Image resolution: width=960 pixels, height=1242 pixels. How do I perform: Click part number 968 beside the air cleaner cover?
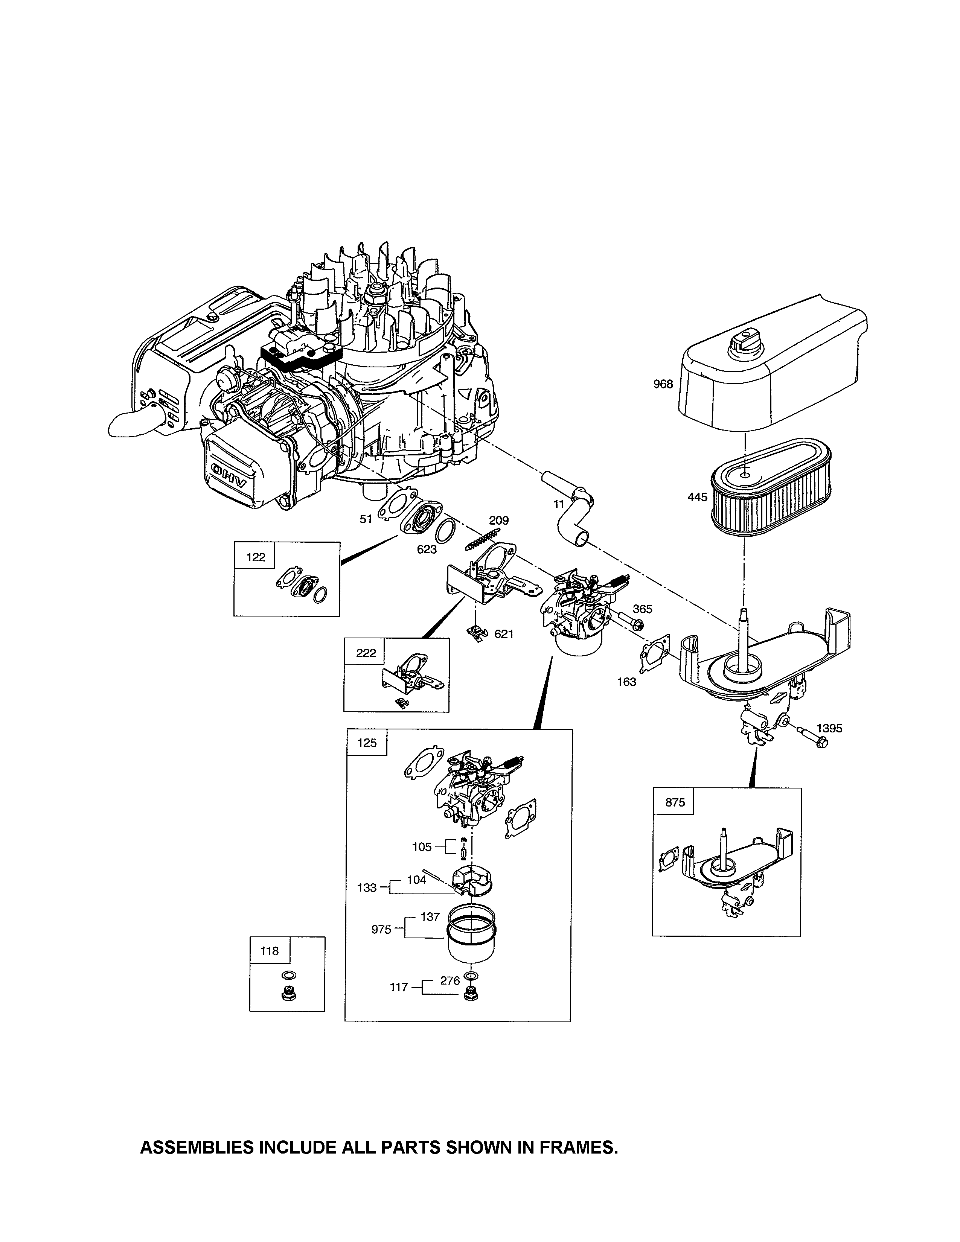coord(663,384)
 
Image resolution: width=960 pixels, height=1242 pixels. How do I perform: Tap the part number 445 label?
coord(697,497)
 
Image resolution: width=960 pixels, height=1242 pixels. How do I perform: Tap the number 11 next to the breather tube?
coord(559,504)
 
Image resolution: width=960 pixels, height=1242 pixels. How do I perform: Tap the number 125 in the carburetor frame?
coord(367,743)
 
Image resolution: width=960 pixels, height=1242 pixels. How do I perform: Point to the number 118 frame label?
coord(270,951)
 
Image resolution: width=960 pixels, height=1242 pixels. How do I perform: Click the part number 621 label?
coord(504,633)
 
